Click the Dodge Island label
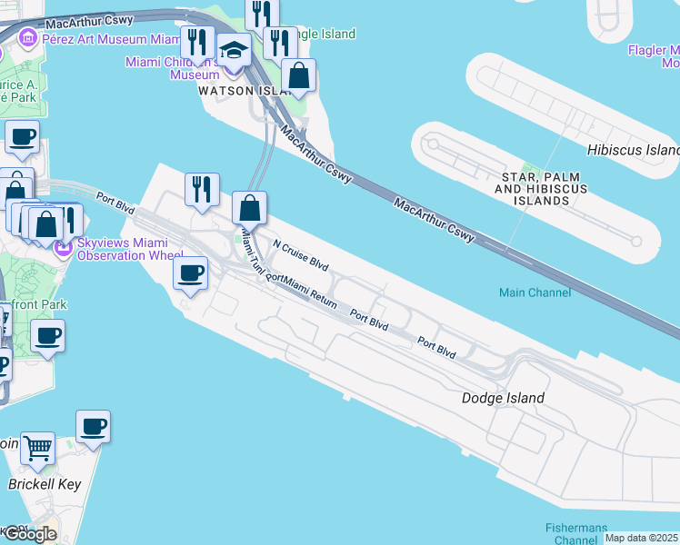click(x=503, y=398)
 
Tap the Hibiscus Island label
click(x=634, y=150)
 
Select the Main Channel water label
click(x=535, y=292)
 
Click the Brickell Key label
click(x=45, y=484)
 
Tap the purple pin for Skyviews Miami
click(x=64, y=247)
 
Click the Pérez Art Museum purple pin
click(x=26, y=39)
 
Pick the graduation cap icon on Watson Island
click(x=234, y=51)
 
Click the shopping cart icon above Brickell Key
click(x=38, y=447)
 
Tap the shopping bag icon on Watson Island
click(x=298, y=75)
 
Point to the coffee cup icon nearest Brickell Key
click(x=93, y=425)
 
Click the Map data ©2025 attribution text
click(x=642, y=538)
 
